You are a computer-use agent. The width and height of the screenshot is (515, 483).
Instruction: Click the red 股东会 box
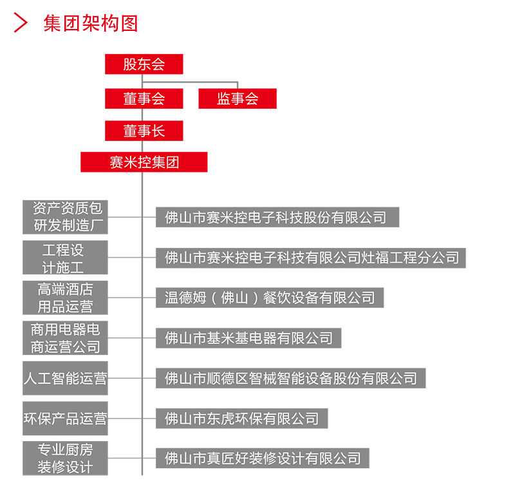144,64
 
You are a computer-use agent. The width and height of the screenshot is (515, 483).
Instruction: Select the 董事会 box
144,99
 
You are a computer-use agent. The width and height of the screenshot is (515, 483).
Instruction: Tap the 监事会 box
238,99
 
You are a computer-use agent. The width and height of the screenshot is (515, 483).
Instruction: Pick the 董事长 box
144,131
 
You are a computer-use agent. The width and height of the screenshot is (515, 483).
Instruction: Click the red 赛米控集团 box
144,162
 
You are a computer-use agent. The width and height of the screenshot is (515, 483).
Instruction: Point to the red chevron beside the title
21,23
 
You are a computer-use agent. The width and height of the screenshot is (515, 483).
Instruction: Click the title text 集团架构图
91,23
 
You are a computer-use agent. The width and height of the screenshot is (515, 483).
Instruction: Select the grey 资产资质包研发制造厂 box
65,217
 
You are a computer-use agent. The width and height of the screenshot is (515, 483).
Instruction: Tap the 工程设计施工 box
65,257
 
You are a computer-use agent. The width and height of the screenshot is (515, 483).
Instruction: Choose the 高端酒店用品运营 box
65,298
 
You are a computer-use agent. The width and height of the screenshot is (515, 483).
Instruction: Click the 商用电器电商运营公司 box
65,337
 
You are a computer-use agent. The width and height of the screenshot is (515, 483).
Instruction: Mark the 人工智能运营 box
65,378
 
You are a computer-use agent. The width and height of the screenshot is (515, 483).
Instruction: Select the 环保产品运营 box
65,418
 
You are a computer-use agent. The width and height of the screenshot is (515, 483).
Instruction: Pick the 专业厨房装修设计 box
65,459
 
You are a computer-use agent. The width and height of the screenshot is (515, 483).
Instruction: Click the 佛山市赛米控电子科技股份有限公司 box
277,217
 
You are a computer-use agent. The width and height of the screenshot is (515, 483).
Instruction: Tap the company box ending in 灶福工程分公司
311,258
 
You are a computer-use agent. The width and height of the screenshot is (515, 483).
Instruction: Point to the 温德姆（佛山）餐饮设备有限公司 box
270,298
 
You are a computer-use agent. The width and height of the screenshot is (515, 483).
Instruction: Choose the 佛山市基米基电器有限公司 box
248,338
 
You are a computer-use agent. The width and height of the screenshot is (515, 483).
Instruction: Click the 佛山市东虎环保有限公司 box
242,418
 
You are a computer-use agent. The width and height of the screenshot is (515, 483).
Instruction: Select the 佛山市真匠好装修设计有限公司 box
263,458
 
